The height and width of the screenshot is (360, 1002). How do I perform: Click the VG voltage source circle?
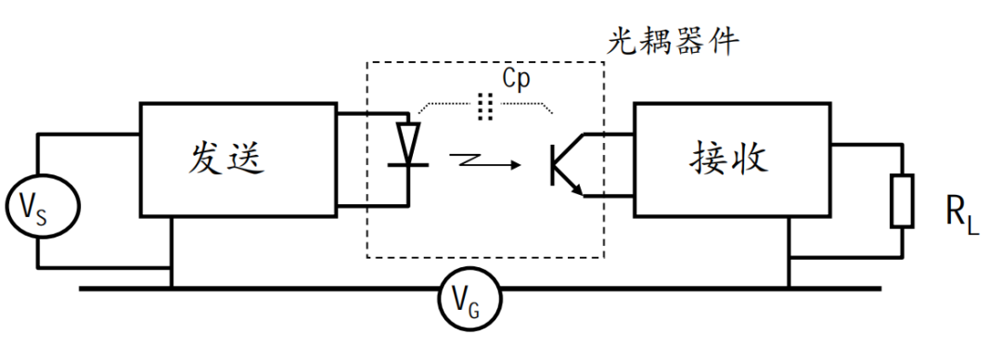click(x=469, y=267)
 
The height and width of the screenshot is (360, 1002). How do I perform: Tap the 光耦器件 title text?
click(x=673, y=42)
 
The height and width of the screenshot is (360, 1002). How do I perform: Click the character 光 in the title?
click(x=622, y=42)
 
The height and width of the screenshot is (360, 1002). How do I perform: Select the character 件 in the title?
click(x=724, y=42)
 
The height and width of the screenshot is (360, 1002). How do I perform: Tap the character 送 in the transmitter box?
click(x=246, y=158)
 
